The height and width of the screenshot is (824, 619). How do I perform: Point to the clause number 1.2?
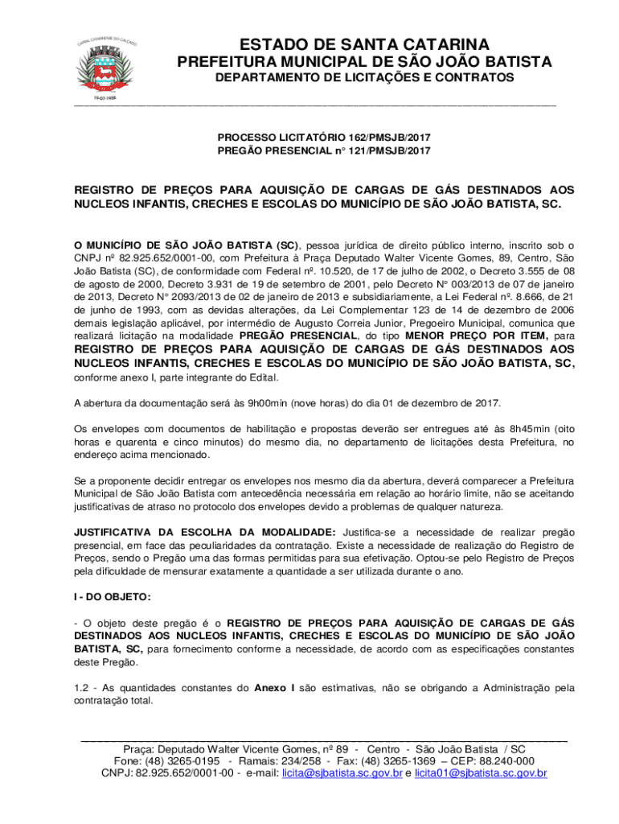(82, 688)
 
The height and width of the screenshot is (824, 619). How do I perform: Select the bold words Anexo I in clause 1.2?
(274, 688)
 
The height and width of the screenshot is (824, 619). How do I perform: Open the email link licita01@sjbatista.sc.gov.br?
(481, 773)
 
